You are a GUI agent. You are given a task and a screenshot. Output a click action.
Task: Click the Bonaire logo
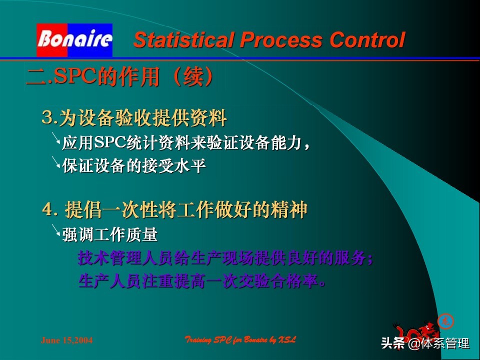74,39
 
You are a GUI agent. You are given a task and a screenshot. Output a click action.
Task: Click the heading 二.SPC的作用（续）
120,77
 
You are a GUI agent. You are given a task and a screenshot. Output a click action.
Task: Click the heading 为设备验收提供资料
143,118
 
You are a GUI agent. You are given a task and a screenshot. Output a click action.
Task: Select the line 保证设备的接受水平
134,165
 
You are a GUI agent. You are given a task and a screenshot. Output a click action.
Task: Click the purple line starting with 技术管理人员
225,258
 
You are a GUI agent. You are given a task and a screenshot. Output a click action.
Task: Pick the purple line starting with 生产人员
202,281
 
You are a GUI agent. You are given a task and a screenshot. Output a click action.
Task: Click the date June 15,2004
66,340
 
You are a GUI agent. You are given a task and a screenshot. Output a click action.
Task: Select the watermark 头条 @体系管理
425,343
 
